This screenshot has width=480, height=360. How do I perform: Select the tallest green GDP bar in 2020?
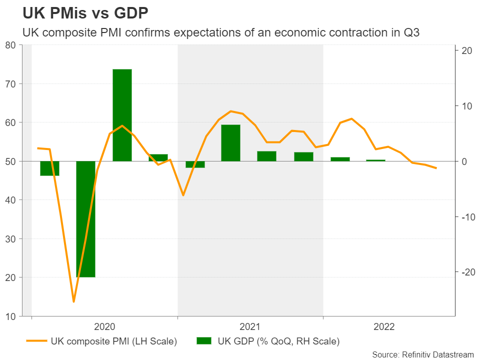point(122,115)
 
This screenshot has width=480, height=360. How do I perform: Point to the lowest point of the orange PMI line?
point(73,301)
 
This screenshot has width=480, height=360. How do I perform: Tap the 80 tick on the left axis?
point(10,45)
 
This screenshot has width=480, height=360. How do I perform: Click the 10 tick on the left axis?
point(10,316)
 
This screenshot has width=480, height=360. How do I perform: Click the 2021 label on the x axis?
point(250,327)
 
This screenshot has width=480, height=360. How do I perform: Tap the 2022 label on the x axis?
point(384,327)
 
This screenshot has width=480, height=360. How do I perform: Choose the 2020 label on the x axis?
point(104,327)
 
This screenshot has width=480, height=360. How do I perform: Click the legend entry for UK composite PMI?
point(114,341)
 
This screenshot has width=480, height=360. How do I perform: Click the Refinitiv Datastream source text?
point(422,354)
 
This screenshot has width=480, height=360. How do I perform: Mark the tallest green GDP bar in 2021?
point(231,142)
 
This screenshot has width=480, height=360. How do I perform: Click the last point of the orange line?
point(436,168)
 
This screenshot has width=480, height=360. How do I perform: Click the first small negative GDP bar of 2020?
point(49,168)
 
